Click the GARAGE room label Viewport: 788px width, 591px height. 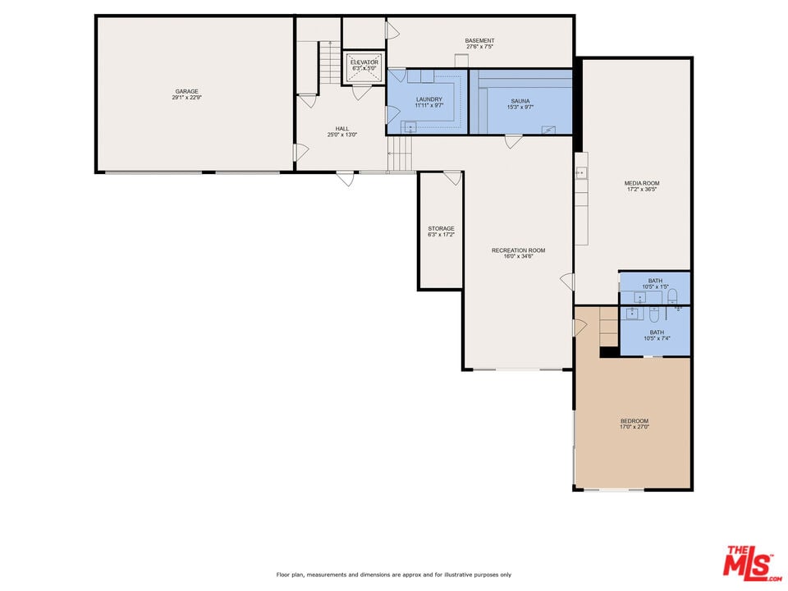click(186, 91)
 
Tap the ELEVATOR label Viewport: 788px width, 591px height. click(364, 62)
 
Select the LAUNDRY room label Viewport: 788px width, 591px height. click(428, 99)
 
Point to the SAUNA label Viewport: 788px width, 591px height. click(520, 101)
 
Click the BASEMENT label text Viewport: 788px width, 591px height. click(479, 40)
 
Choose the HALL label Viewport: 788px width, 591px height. click(341, 129)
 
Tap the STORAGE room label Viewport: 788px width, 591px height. click(441, 228)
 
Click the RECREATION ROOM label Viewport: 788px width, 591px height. click(518, 250)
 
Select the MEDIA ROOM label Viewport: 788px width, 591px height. click(642, 183)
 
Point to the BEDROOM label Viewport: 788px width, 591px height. click(634, 421)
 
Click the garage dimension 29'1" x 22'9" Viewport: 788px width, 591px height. click(186, 98)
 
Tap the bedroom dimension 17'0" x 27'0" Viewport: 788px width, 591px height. click(634, 428)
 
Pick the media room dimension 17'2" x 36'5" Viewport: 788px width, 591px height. click(642, 190)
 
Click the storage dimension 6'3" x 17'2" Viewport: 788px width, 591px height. click(441, 235)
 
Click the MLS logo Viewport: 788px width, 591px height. click(749, 562)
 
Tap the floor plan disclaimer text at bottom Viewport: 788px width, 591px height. click(394, 575)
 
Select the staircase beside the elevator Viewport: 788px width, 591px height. click(329, 66)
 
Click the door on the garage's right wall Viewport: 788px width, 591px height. click(300, 152)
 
